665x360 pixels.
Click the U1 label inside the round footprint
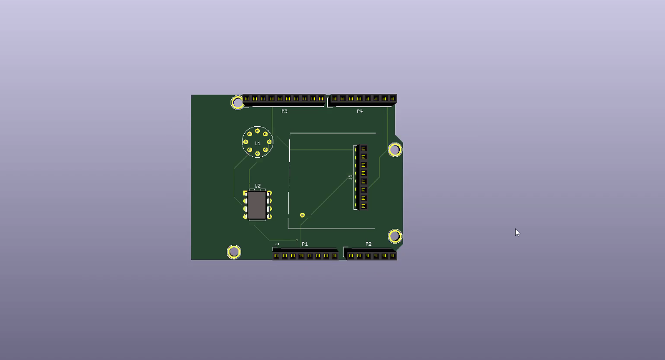coord(257,144)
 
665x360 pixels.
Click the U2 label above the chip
coord(257,186)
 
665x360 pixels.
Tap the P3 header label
coord(284,111)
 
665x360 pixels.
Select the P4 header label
coord(360,111)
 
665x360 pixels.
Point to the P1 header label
coord(304,244)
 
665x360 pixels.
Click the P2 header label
coord(368,244)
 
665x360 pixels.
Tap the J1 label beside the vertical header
coord(350,177)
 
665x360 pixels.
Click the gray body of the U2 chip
coord(257,205)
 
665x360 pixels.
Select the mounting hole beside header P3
coord(237,103)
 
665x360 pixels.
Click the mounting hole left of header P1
coord(234,252)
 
